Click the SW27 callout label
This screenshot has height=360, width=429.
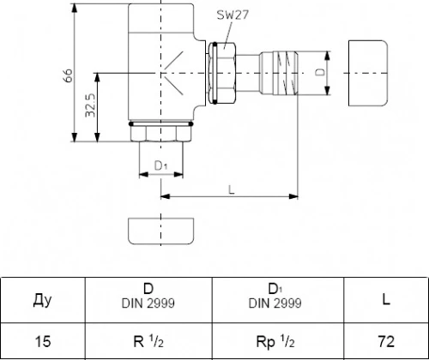click(x=233, y=15)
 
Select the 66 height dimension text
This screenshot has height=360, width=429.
click(x=68, y=75)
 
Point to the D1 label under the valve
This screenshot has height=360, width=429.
click(x=160, y=165)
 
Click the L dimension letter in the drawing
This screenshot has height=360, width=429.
click(x=232, y=189)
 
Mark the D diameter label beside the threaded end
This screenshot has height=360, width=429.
click(x=321, y=72)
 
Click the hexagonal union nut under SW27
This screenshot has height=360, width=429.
click(x=222, y=73)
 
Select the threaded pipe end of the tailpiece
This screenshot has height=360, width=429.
click(x=286, y=73)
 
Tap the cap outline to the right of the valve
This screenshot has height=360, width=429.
click(x=368, y=73)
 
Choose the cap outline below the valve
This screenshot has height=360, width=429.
click(x=160, y=231)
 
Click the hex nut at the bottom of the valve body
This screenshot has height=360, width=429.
click(x=161, y=134)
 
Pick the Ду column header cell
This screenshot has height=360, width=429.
click(x=43, y=300)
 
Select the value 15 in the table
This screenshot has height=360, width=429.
click(x=43, y=341)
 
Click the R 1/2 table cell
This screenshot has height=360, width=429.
click(x=148, y=341)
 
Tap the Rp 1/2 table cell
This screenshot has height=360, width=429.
click(x=275, y=341)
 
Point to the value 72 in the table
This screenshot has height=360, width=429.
click(x=386, y=341)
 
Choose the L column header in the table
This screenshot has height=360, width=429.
click(x=386, y=299)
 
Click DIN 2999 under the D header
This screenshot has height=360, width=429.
click(x=148, y=303)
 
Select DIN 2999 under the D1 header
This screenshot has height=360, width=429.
click(x=275, y=303)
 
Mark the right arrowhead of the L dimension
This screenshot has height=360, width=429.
click(x=293, y=196)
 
